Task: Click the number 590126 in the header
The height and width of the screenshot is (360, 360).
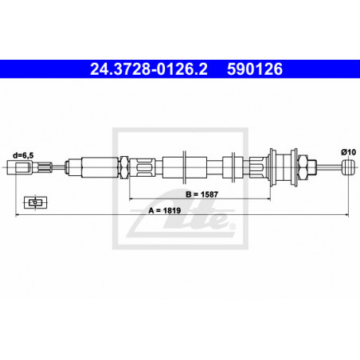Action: [x=256, y=71]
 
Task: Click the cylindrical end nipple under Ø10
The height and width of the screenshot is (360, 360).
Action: [x=346, y=166]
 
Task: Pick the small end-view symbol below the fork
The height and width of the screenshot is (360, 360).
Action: [x=33, y=202]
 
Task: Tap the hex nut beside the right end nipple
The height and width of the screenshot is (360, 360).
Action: [x=303, y=166]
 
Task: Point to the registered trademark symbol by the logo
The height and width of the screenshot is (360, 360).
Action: [x=232, y=225]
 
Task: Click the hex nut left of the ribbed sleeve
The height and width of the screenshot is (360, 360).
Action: [x=126, y=167]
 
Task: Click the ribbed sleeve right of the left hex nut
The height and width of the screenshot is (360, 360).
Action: [x=143, y=167]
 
